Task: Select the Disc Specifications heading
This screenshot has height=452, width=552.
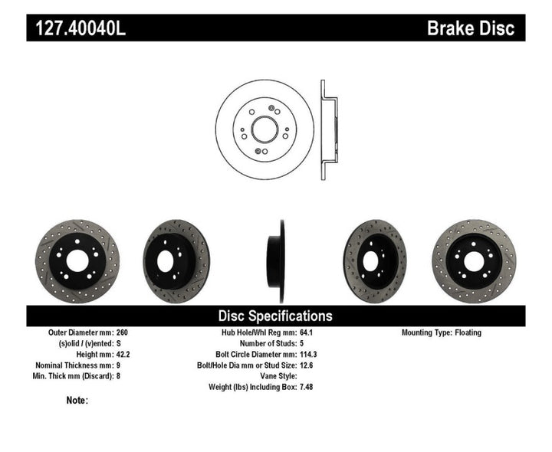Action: pyautogui.click(x=275, y=316)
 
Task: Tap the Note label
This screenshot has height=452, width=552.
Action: pyautogui.click(x=77, y=400)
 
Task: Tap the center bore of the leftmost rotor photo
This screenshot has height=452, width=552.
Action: pyautogui.click(x=77, y=260)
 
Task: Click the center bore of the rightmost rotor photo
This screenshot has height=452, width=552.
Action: pyautogui.click(x=474, y=260)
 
